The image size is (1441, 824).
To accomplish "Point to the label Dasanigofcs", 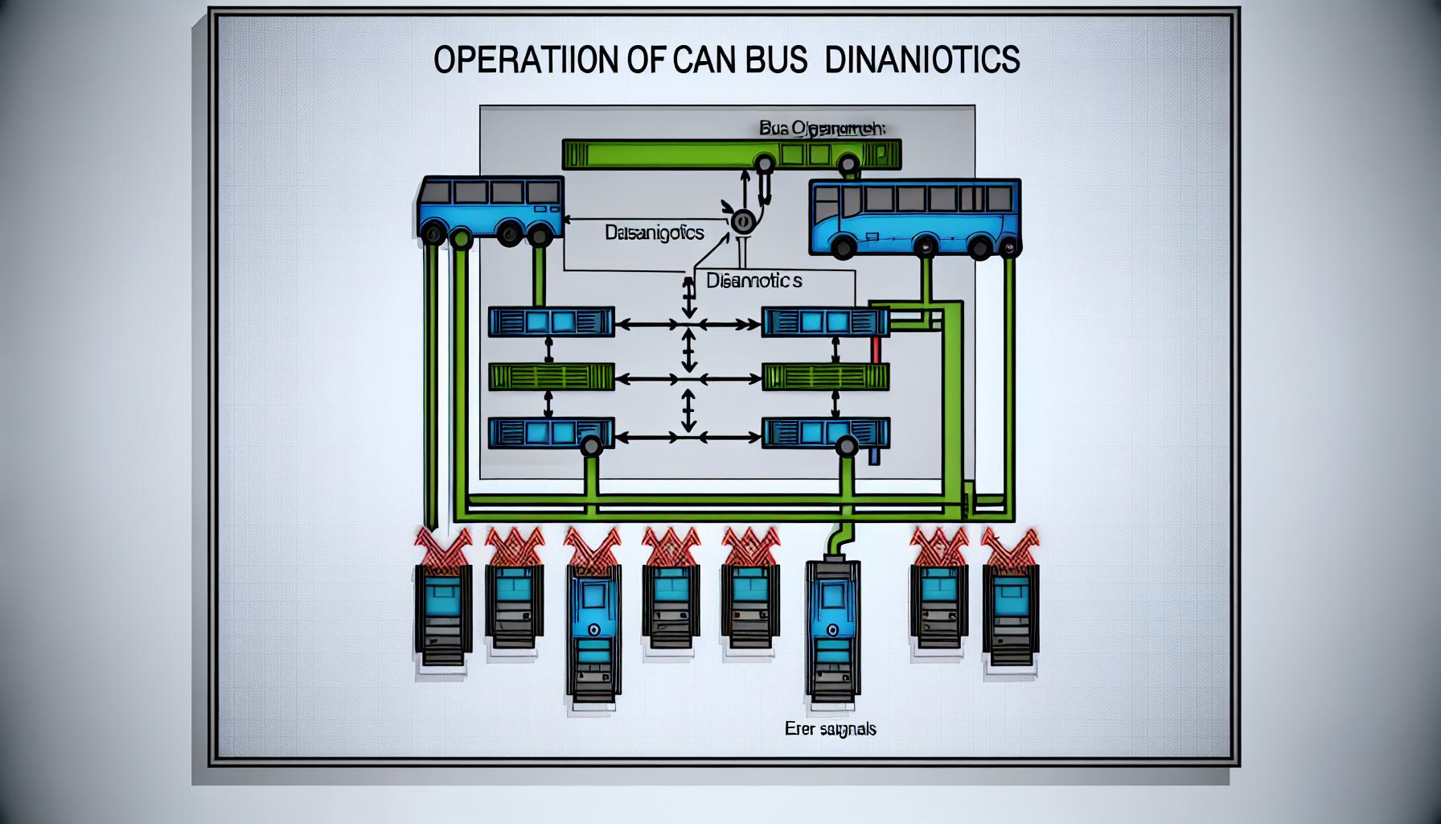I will click(654, 233).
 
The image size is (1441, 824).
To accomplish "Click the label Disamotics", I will click(753, 281).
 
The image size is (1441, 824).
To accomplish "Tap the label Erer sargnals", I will click(830, 729).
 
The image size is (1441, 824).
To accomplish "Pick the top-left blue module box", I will click(551, 322).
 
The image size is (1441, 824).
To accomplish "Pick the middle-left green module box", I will click(551, 377).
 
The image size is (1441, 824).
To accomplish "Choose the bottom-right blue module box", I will click(825, 433).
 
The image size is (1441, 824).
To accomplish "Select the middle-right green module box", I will click(825, 377).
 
